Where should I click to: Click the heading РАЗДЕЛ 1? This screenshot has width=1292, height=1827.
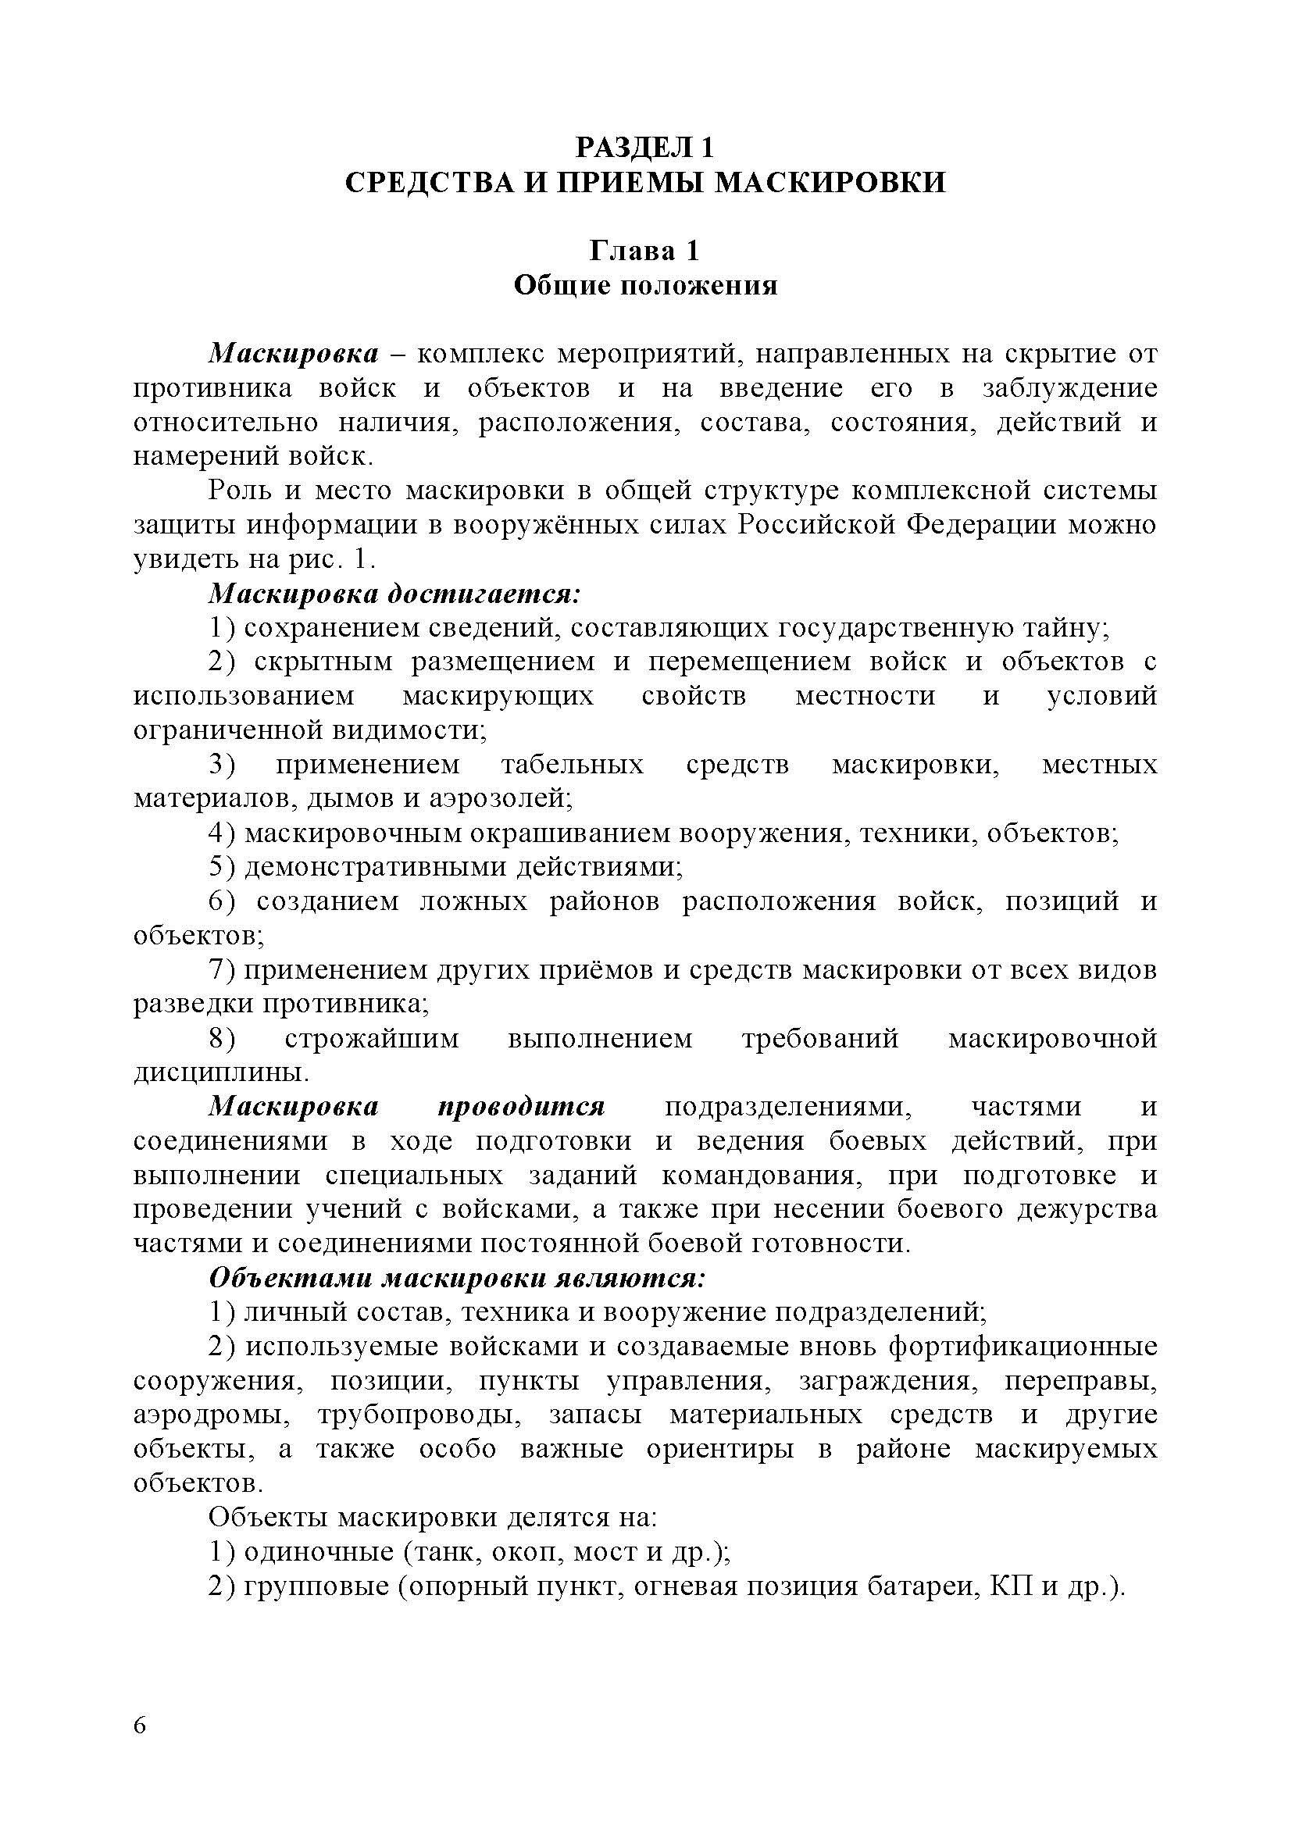pyautogui.click(x=645, y=147)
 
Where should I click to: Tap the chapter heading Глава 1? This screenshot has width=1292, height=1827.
pyautogui.click(x=644, y=251)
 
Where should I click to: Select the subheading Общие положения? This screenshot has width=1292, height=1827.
pyautogui.click(x=645, y=285)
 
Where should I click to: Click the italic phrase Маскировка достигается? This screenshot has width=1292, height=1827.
pyautogui.click(x=394, y=594)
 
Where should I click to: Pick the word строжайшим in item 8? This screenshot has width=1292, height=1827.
pyautogui.click(x=372, y=1038)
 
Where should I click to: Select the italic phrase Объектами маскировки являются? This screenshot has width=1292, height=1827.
pyautogui.click(x=457, y=1278)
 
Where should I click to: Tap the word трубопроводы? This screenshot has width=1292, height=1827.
pyautogui.click(x=420, y=1415)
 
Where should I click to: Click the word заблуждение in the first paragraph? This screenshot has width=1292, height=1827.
pyautogui.click(x=1069, y=388)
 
